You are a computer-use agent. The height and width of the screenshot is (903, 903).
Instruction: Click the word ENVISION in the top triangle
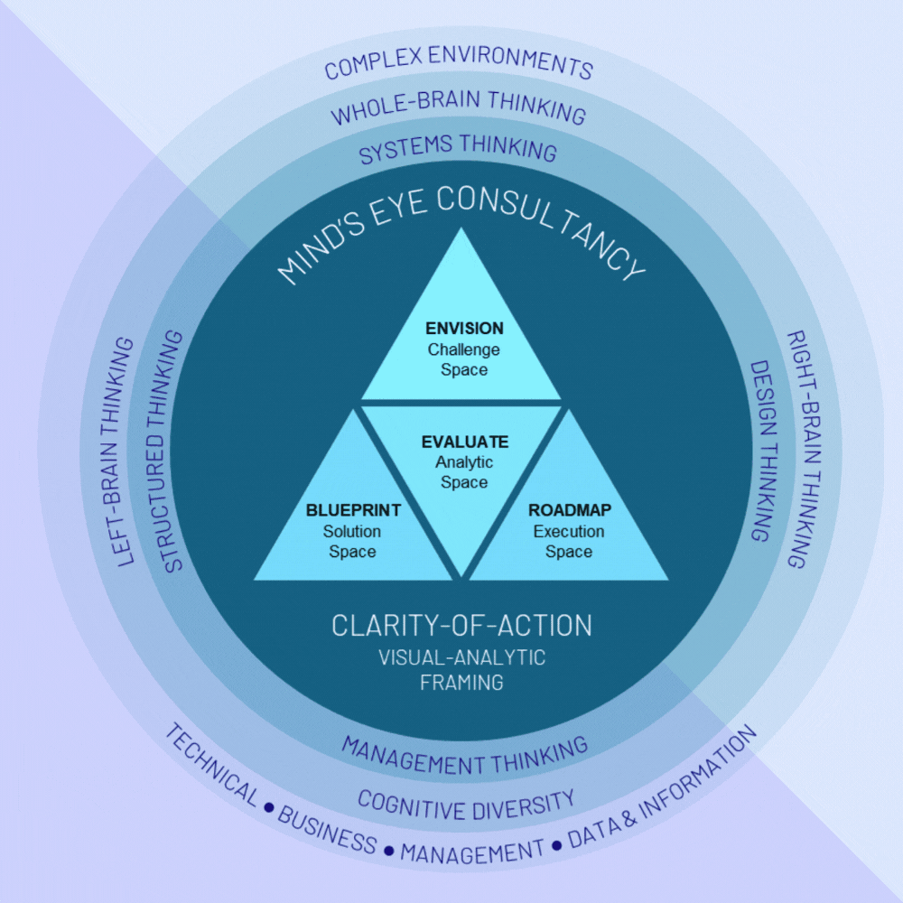coord(464,329)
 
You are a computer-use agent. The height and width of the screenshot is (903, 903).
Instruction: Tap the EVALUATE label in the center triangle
coord(464,442)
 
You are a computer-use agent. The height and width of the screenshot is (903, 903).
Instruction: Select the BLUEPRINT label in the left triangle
coord(353,511)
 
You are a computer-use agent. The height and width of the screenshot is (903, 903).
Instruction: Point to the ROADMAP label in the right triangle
coord(569,511)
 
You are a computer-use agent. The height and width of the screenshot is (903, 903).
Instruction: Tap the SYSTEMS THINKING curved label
coord(458,149)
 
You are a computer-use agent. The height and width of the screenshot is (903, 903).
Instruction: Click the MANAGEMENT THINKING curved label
coord(464,751)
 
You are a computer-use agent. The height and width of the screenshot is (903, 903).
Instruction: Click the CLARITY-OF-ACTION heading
coord(461,625)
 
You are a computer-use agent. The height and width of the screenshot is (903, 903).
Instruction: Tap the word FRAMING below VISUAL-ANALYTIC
coord(461,683)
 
